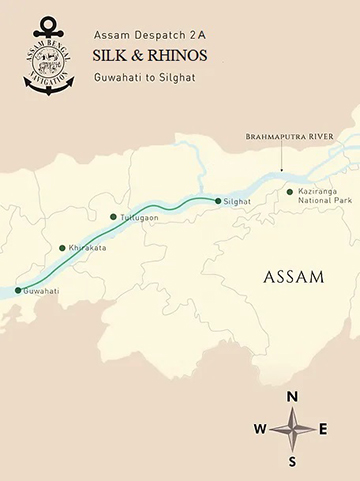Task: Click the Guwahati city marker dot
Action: (x=17, y=291)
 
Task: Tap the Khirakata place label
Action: (x=86, y=248)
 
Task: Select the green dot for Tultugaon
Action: (x=113, y=216)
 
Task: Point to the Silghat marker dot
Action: (x=218, y=201)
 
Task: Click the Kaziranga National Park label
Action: (x=322, y=196)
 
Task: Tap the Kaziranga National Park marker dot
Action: (x=290, y=191)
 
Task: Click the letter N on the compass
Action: (x=292, y=397)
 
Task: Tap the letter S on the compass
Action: (x=292, y=461)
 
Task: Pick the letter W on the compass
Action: (x=260, y=429)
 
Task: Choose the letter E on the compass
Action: (x=323, y=429)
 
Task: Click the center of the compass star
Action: (x=292, y=429)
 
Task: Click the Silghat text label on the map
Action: (x=237, y=202)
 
